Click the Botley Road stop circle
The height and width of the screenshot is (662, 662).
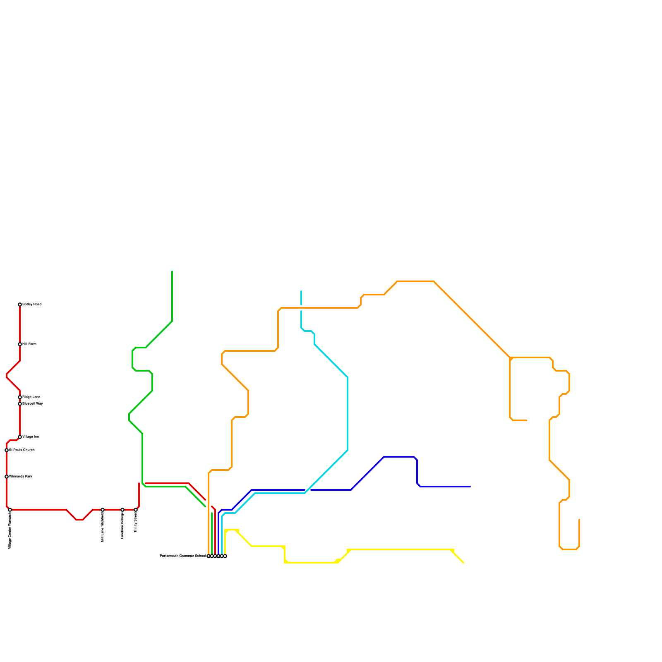click(x=20, y=305)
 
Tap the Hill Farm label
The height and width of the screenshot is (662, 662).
click(x=29, y=344)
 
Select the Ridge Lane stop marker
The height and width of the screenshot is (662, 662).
click(x=20, y=397)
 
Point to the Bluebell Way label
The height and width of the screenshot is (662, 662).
click(x=33, y=404)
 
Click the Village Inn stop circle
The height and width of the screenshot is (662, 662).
click(x=20, y=437)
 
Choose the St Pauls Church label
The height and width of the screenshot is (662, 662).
click(x=22, y=450)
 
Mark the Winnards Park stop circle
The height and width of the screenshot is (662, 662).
click(x=7, y=477)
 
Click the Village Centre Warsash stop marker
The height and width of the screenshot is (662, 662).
click(x=10, y=510)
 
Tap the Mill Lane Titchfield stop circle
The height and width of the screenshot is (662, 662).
click(x=103, y=510)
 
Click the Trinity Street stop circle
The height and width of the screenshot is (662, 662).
click(x=136, y=510)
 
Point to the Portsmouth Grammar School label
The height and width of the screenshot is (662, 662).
click(x=182, y=556)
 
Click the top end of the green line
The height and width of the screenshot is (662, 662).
click(x=172, y=271)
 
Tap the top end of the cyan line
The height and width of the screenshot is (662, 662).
click(x=301, y=291)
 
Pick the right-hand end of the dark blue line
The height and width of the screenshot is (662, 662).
click(x=470, y=487)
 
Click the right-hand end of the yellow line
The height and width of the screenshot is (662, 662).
click(x=463, y=563)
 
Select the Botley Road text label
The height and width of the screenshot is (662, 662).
click(x=32, y=305)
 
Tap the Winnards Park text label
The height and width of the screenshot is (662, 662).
click(x=21, y=477)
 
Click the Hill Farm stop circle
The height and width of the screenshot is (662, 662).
click(x=20, y=344)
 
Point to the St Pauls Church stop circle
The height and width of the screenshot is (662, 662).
click(x=7, y=450)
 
